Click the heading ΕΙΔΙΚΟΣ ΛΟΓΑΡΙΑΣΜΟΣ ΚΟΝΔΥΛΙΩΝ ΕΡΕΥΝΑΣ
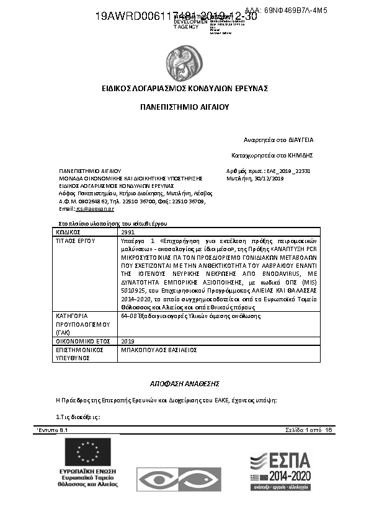(x=184, y=89)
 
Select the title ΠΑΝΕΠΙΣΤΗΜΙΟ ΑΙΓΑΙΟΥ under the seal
(x=184, y=107)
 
